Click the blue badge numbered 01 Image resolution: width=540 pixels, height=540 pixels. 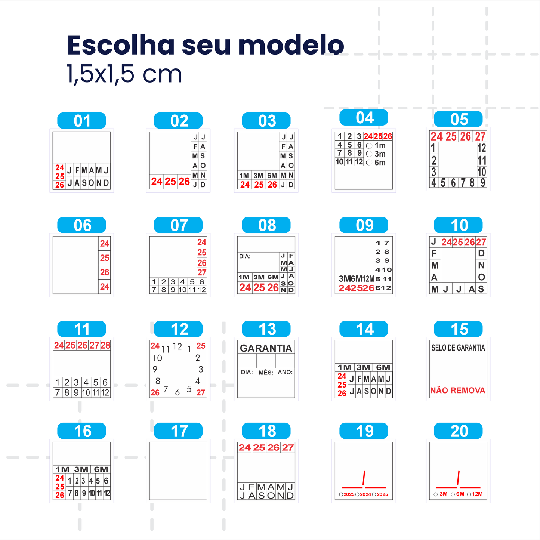coord(81,121)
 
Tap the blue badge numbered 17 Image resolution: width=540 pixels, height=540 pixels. coord(178,431)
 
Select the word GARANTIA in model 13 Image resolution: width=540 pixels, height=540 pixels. coord(266,348)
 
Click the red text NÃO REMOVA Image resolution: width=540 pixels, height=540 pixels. coord(458,391)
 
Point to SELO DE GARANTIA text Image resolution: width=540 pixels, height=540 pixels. coord(458,348)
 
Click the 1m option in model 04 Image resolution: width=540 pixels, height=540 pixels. coord(380,146)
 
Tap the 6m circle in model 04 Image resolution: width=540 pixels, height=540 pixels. coord(369,163)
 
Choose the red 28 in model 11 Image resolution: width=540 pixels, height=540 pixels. coord(105,345)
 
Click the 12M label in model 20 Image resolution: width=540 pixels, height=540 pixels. coord(477,494)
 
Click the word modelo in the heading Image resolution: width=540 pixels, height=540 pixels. coord(291,45)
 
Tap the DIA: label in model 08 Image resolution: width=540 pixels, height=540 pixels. coord(245,257)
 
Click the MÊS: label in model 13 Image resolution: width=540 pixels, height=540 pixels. coord(266,373)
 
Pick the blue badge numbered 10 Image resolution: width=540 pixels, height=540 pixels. coord(458,225)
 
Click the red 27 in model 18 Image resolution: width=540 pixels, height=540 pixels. coord(288,447)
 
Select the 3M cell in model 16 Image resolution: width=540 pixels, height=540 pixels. coord(81,469)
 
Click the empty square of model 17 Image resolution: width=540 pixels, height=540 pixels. coord(178,471)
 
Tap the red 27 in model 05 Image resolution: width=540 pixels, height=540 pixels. coord(480,136)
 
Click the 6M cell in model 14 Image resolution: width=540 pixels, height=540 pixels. coord(383,367)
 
